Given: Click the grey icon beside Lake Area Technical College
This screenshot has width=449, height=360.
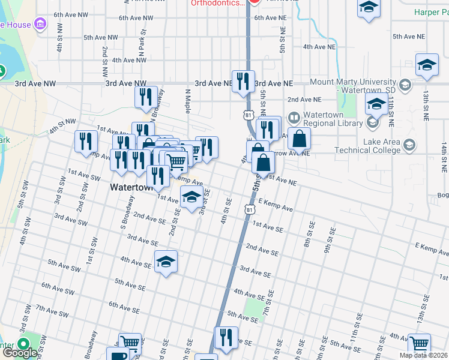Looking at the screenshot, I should [410, 145].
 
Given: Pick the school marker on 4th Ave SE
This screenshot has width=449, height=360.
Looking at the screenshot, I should [166, 261].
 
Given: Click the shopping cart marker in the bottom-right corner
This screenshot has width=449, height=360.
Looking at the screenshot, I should [420, 344].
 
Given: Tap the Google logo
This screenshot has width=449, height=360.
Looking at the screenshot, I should [20, 353].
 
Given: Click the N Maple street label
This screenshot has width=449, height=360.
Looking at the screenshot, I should [187, 102].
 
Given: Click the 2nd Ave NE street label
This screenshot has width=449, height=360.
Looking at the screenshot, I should [304, 100].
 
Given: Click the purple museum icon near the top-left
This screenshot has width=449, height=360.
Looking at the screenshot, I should [40, 24].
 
